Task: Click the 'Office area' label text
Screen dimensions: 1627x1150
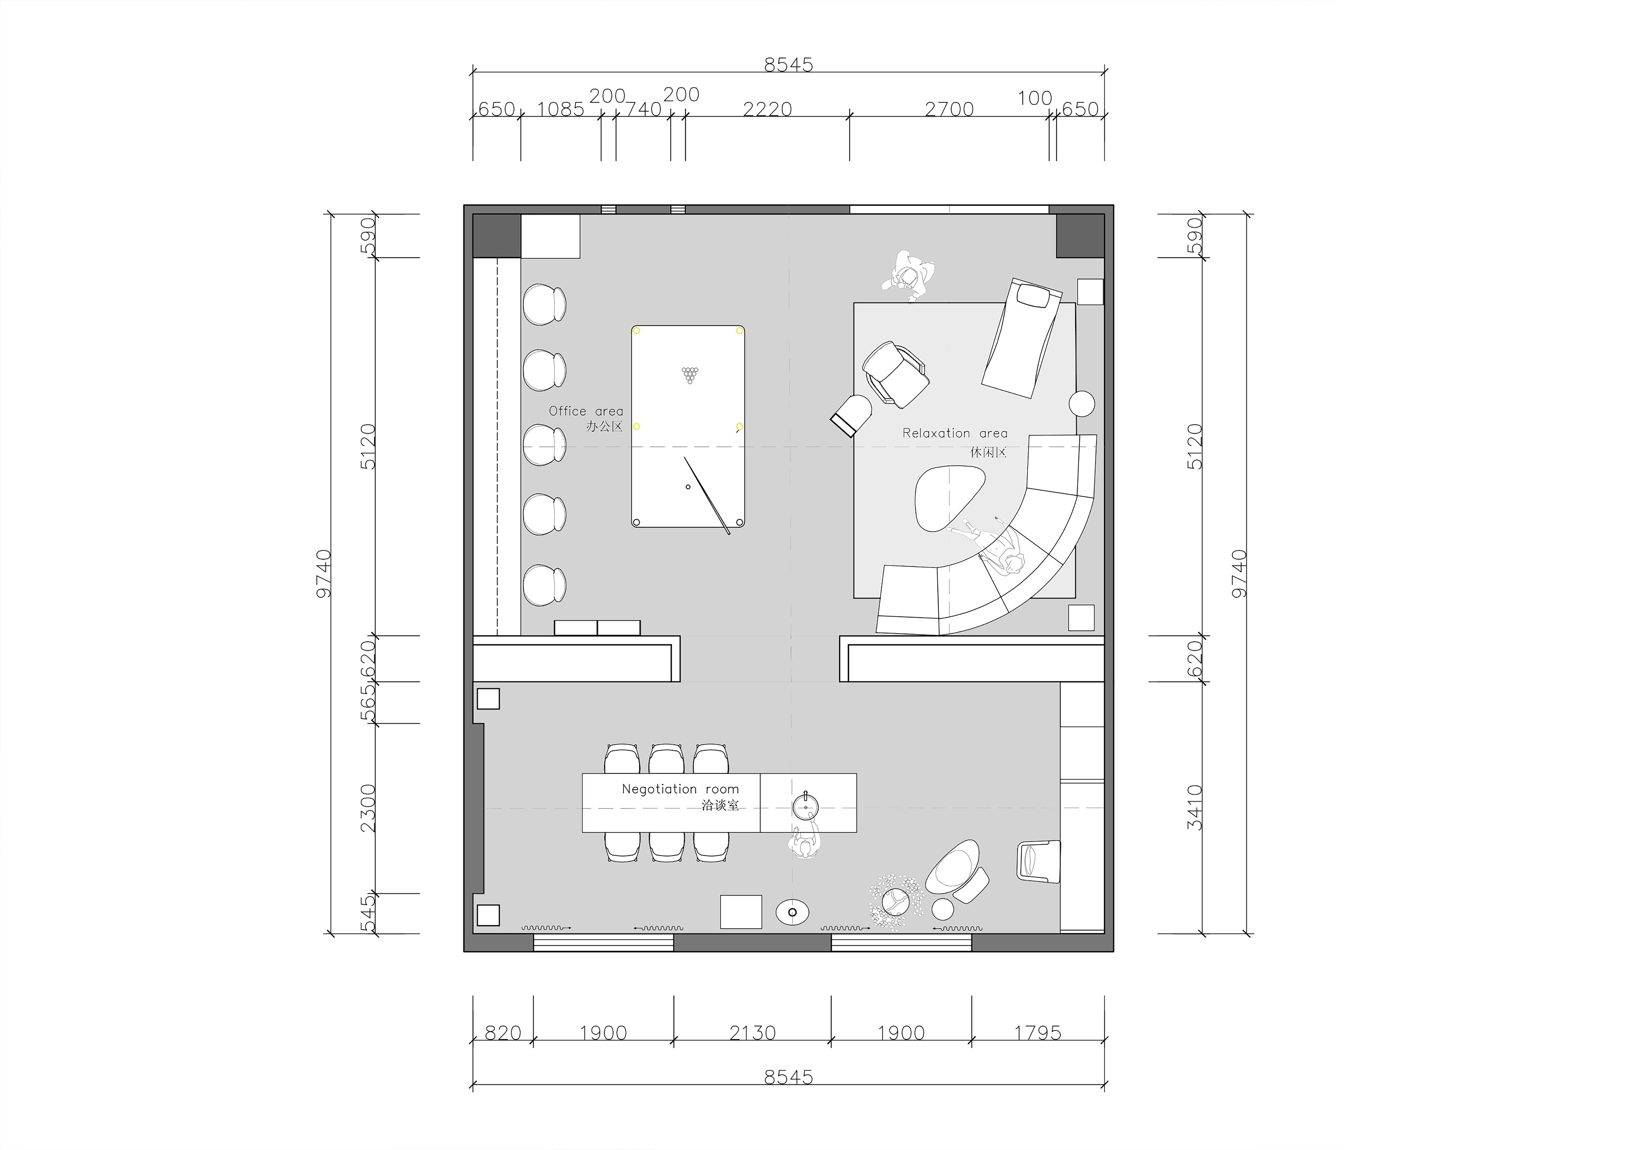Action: (586, 411)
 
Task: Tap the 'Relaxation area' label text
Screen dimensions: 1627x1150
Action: (955, 433)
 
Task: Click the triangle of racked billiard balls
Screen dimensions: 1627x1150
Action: (689, 375)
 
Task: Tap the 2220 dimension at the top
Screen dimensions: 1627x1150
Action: (767, 109)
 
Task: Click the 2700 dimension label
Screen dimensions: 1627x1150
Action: (950, 109)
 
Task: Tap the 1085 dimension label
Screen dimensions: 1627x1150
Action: (561, 109)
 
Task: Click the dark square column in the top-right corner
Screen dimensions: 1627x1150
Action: (1080, 236)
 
